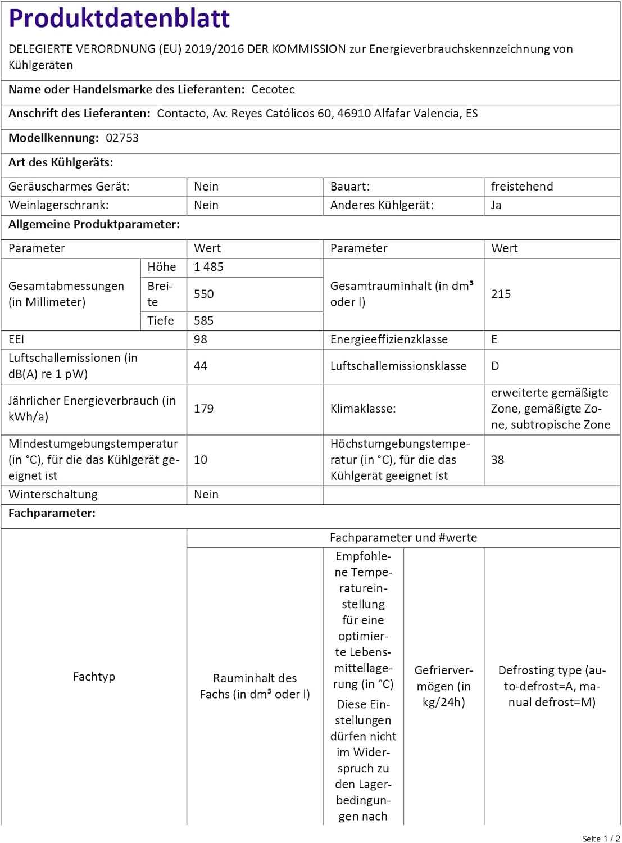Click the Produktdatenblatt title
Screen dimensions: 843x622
pyautogui.click(x=119, y=19)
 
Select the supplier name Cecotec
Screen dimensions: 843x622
pyautogui.click(x=273, y=89)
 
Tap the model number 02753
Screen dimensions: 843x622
pyautogui.click(x=122, y=138)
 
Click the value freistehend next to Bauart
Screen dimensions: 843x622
pyautogui.click(x=521, y=187)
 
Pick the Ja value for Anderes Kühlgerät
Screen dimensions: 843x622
pyautogui.click(x=496, y=205)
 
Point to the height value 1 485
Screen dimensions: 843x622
pyautogui.click(x=208, y=267)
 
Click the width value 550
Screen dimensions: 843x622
pyautogui.click(x=203, y=294)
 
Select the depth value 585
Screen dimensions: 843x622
pyautogui.click(x=203, y=321)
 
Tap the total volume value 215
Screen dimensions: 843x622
pyautogui.click(x=501, y=294)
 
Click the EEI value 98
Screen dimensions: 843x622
pyautogui.click(x=200, y=339)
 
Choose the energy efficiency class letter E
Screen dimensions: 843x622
pyautogui.click(x=494, y=339)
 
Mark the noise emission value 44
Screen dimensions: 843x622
pyautogui.click(x=200, y=366)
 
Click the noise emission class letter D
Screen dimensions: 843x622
pyautogui.click(x=494, y=366)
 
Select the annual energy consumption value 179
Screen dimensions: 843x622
pyautogui.click(x=203, y=409)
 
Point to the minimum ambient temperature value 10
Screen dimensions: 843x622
pyautogui.click(x=200, y=460)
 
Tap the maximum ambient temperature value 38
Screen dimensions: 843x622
pyautogui.click(x=497, y=460)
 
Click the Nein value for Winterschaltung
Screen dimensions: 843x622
pyautogui.click(x=206, y=495)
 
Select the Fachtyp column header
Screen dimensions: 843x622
pyautogui.click(x=94, y=677)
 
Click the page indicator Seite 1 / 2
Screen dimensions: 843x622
pyautogui.click(x=601, y=839)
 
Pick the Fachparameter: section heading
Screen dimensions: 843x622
pyautogui.click(x=52, y=513)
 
